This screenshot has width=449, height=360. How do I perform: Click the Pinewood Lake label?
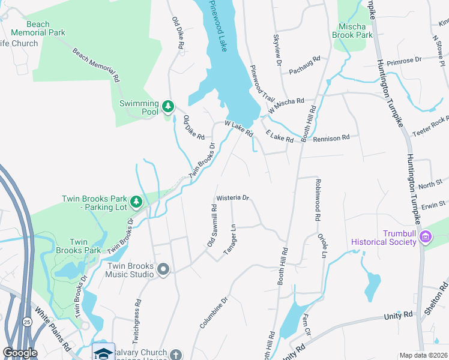tap(217, 26)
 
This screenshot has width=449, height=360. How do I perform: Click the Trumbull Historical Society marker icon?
tap(426, 237)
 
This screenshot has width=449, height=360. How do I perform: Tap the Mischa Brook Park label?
tap(353, 31)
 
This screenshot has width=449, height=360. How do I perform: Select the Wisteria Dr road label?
tap(232, 197)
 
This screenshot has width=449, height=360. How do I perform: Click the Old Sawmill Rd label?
tap(211, 225)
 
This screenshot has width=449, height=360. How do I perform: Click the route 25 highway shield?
tap(26, 322)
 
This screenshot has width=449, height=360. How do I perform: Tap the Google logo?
tap(19, 353)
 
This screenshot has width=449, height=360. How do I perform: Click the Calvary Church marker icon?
tap(175, 355)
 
